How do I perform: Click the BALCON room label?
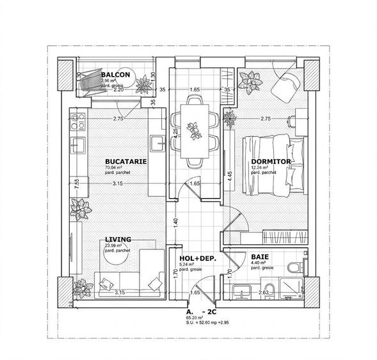116,75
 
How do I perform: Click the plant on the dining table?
193,129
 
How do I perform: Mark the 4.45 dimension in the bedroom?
230,176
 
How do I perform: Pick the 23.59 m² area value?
114,245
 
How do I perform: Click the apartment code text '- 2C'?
208,310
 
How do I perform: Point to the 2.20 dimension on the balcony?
117,90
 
